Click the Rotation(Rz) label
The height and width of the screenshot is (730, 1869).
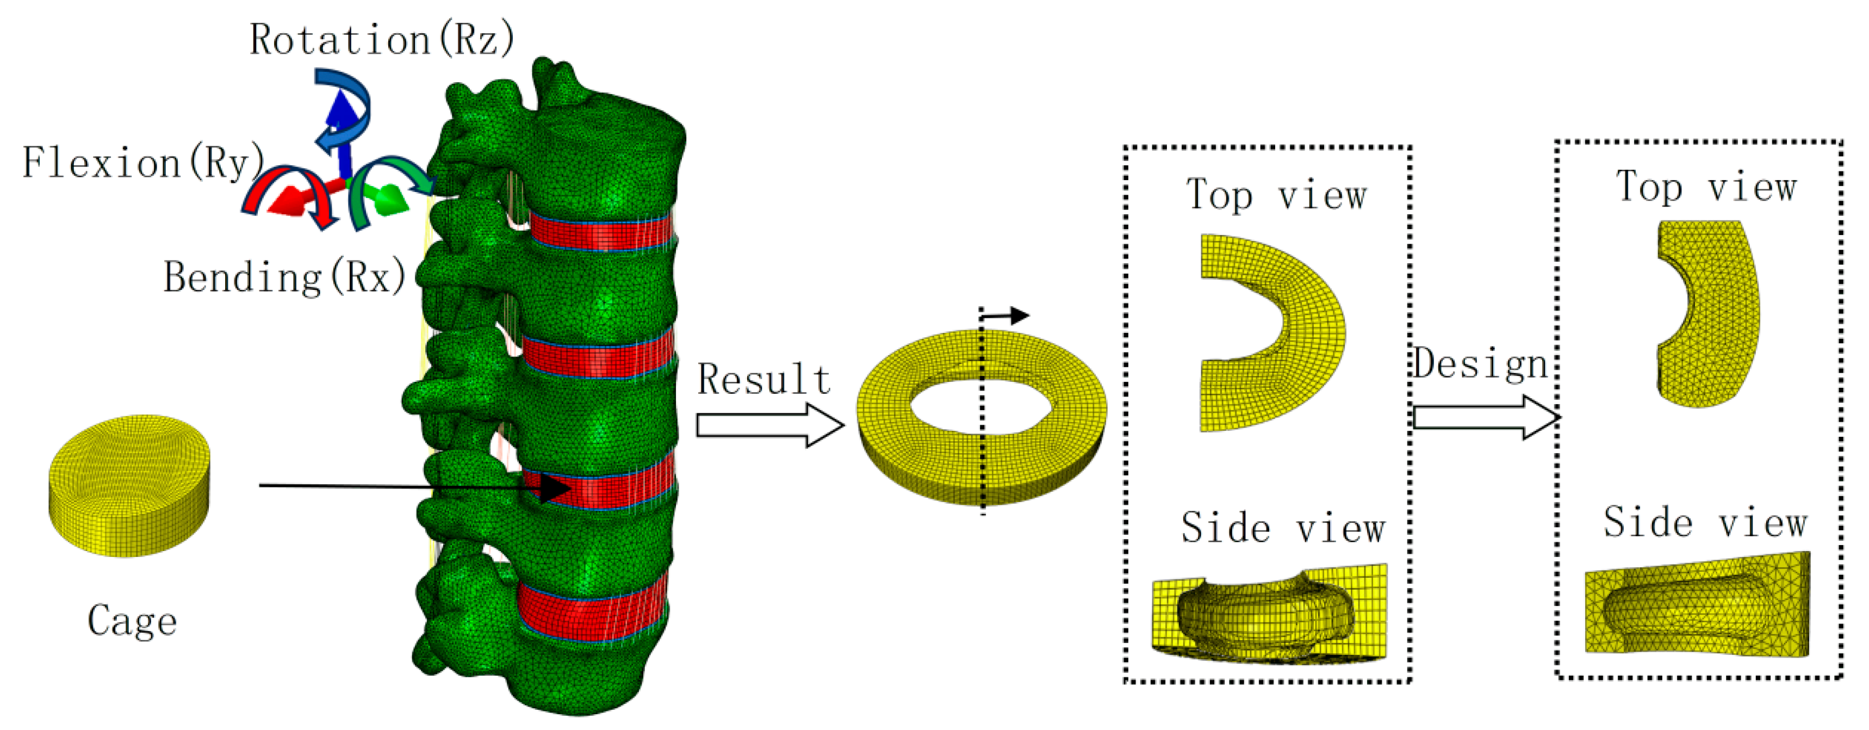pyautogui.click(x=382, y=39)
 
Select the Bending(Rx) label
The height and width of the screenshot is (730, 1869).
pyautogui.click(x=284, y=277)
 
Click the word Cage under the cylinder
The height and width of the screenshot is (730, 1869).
pyautogui.click(x=132, y=621)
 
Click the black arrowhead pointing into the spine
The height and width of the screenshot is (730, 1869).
pyautogui.click(x=555, y=487)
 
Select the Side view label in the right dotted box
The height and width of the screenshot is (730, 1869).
pyautogui.click(x=1704, y=522)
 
